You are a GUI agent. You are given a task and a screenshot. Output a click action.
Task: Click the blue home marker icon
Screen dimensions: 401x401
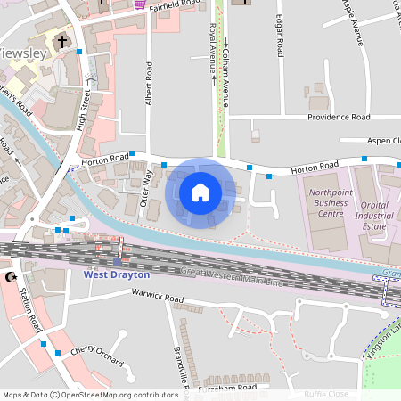click(200, 192)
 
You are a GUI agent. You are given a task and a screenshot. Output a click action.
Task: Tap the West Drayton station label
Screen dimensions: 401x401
click(117, 274)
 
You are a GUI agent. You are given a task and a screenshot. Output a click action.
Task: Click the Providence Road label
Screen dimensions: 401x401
click(339, 117)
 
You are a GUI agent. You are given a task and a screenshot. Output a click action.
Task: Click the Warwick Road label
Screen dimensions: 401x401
click(157, 295)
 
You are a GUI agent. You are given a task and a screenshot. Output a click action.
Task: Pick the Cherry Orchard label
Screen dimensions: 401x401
click(97, 356)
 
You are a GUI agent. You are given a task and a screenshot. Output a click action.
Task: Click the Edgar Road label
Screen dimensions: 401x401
click(280, 35)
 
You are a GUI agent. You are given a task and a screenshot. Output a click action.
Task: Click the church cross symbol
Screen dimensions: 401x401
click(62, 41)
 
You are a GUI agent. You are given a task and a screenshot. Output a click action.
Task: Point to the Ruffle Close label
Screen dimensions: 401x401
click(326, 393)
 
